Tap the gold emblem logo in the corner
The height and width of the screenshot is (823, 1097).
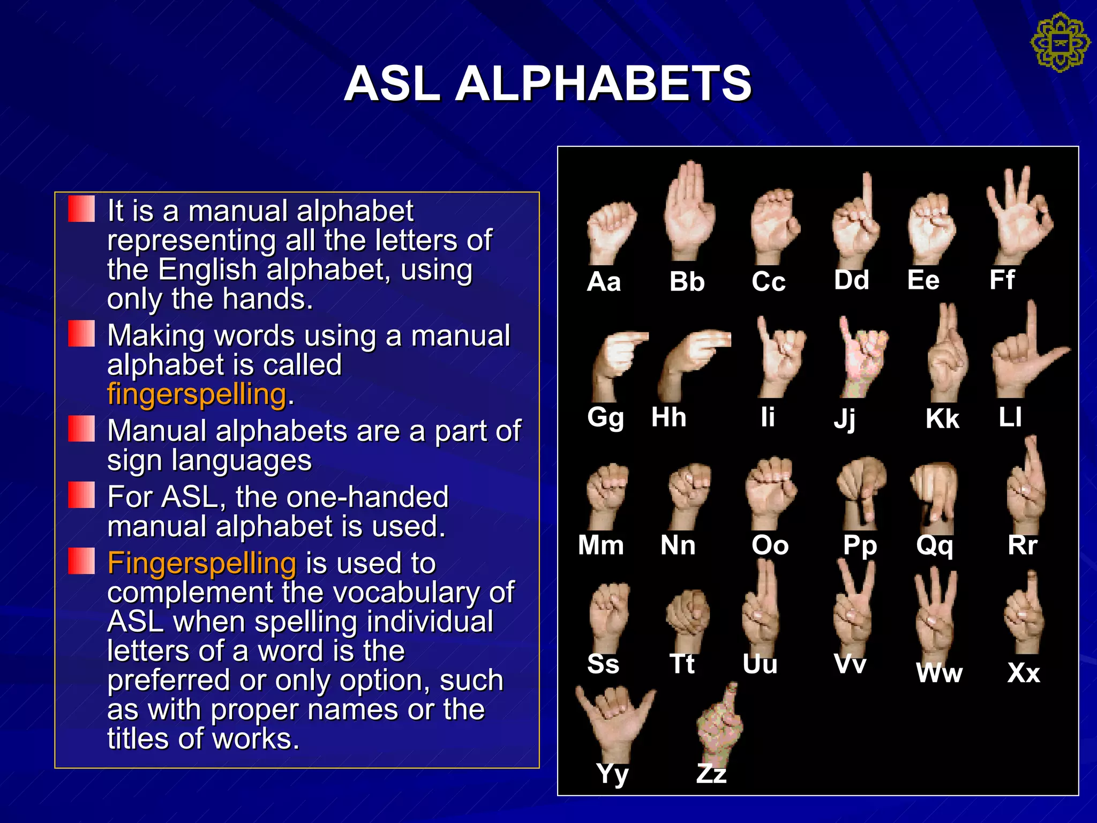pos(1060,43)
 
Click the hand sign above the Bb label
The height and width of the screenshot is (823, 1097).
pos(689,212)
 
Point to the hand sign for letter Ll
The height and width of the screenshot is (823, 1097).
pos(1026,356)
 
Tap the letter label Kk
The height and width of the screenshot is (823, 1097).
pos(942,418)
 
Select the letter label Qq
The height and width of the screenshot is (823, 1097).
pos(935,546)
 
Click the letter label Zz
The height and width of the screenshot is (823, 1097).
pos(711,773)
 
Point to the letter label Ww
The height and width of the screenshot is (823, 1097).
pos(939,673)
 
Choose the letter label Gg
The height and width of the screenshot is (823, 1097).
pos(605,417)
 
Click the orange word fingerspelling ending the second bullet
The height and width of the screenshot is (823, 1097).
pos(197,394)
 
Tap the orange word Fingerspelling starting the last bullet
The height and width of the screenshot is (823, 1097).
pos(202,563)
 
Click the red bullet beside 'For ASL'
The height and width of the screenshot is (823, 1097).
pos(81,495)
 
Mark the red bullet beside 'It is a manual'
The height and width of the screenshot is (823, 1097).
pos(81,209)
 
